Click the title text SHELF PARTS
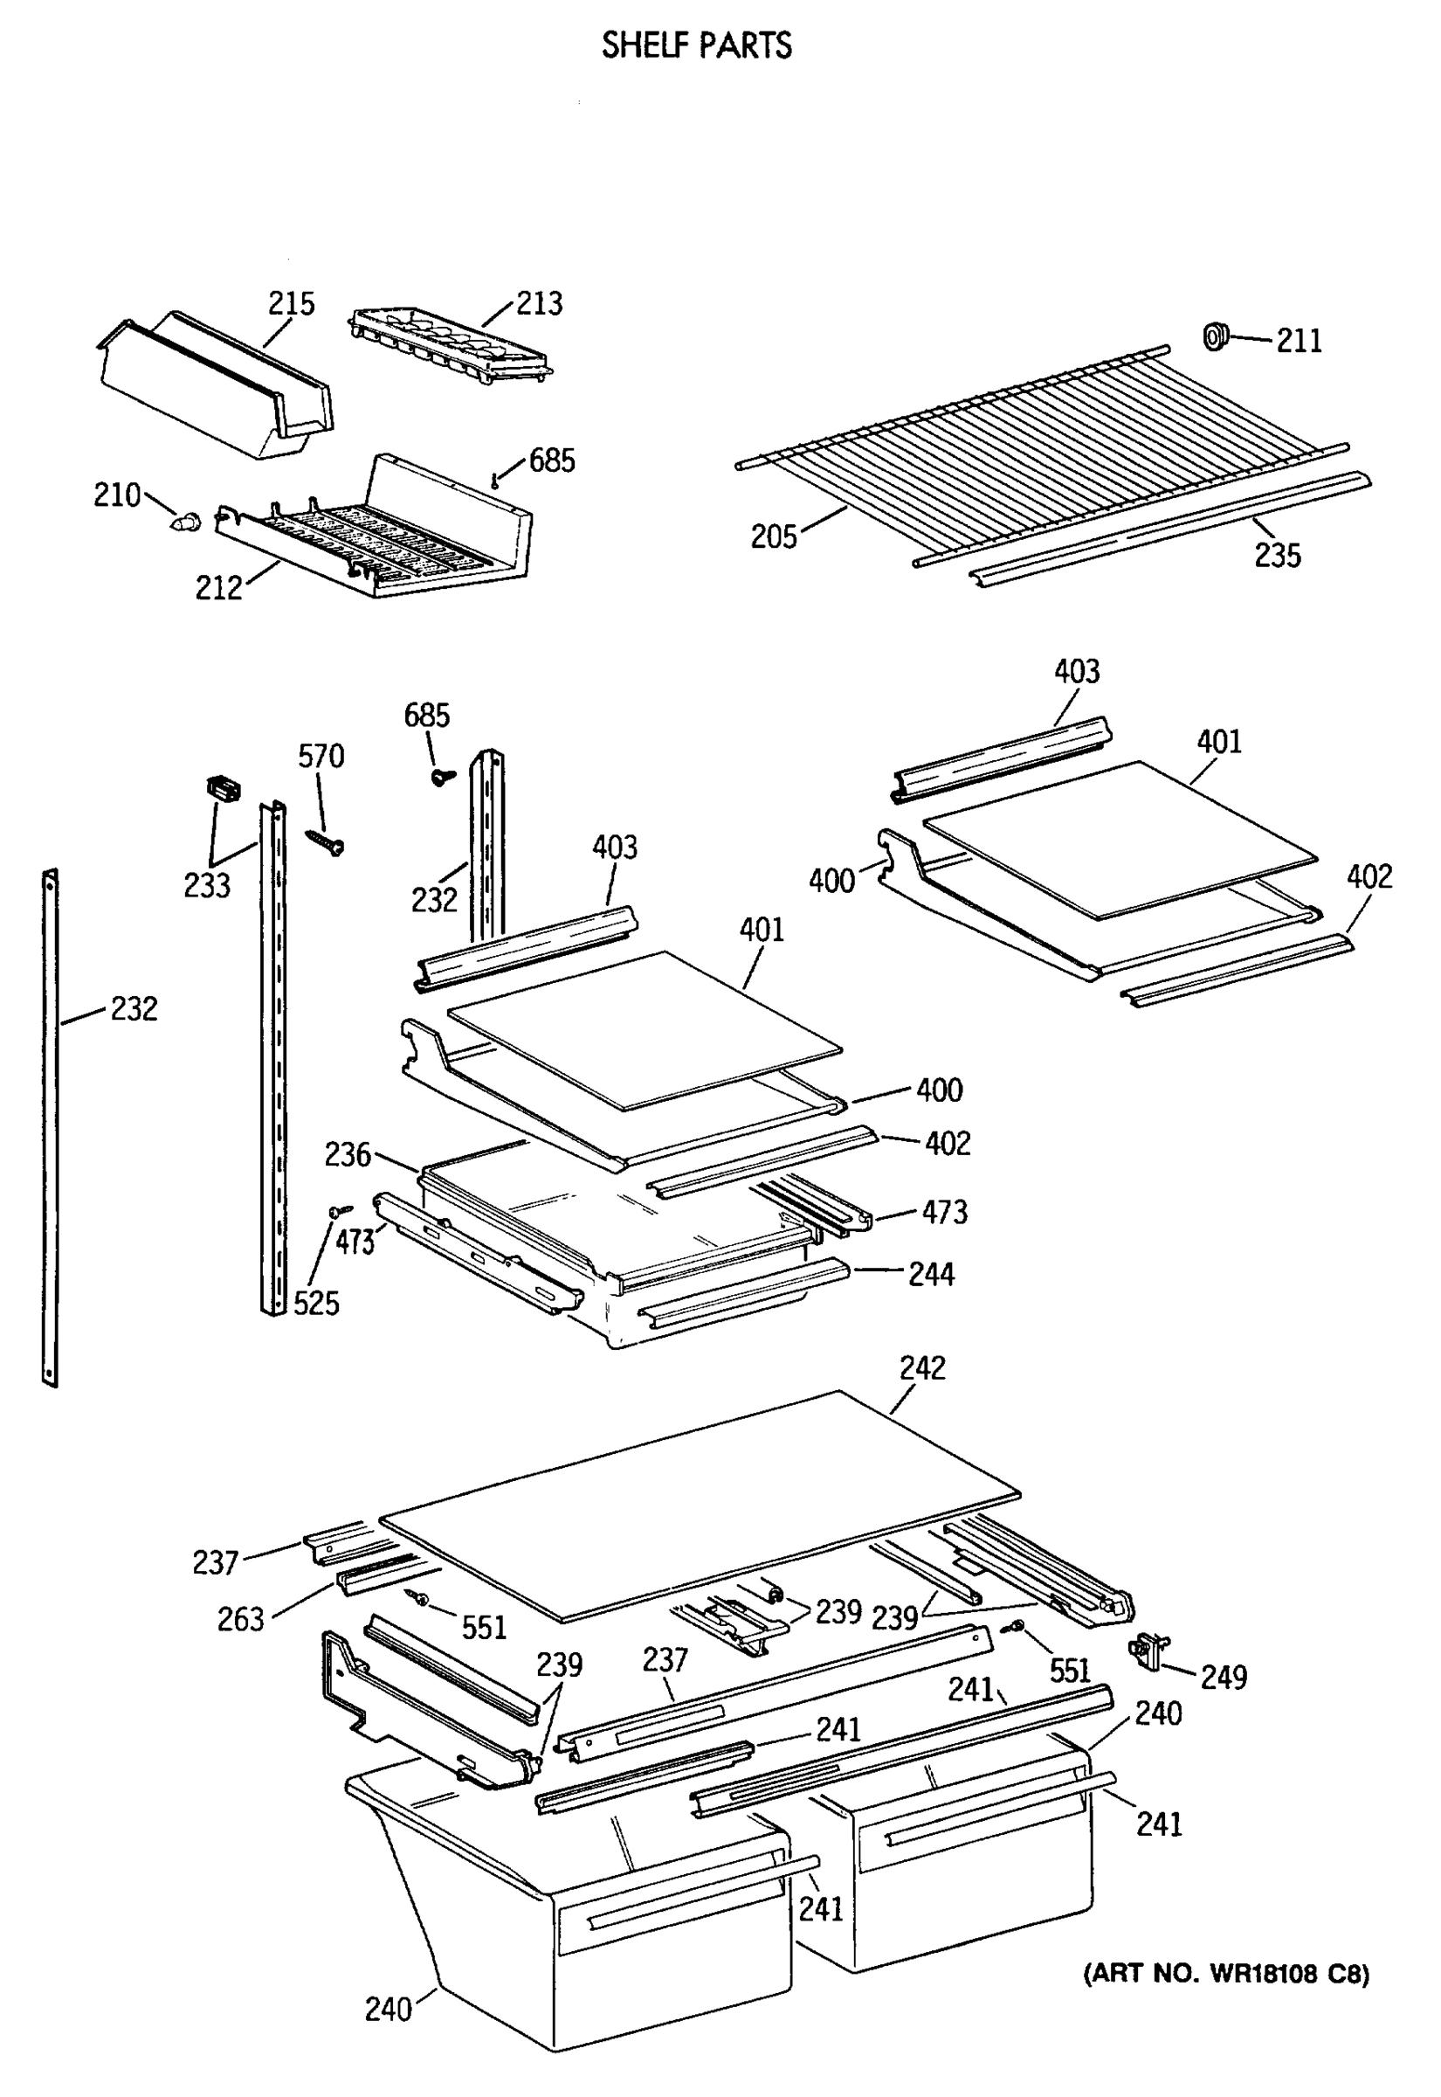[696, 45]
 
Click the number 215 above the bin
[291, 303]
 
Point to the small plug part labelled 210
[185, 521]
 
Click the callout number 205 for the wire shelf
[774, 536]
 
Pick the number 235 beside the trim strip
[1277, 555]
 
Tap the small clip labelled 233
[223, 788]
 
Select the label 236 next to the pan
[348, 1154]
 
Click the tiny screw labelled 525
[341, 1210]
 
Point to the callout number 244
[931, 1274]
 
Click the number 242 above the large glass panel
[922, 1368]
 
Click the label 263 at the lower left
[240, 1619]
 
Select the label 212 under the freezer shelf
[218, 588]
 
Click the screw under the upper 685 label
[496, 481]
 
